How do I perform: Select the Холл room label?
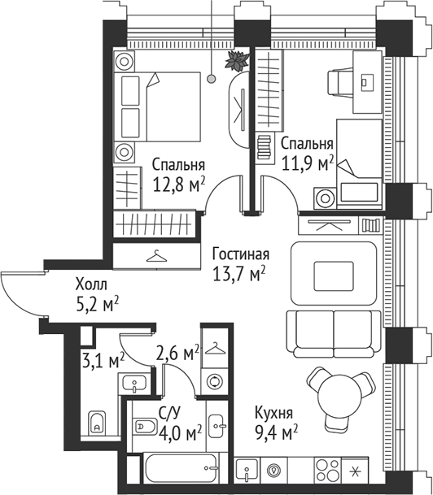point(90,285)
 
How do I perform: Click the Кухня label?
point(273,413)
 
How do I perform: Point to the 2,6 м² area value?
point(177,353)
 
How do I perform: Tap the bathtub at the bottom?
point(182,472)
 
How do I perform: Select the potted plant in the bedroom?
point(236,62)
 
